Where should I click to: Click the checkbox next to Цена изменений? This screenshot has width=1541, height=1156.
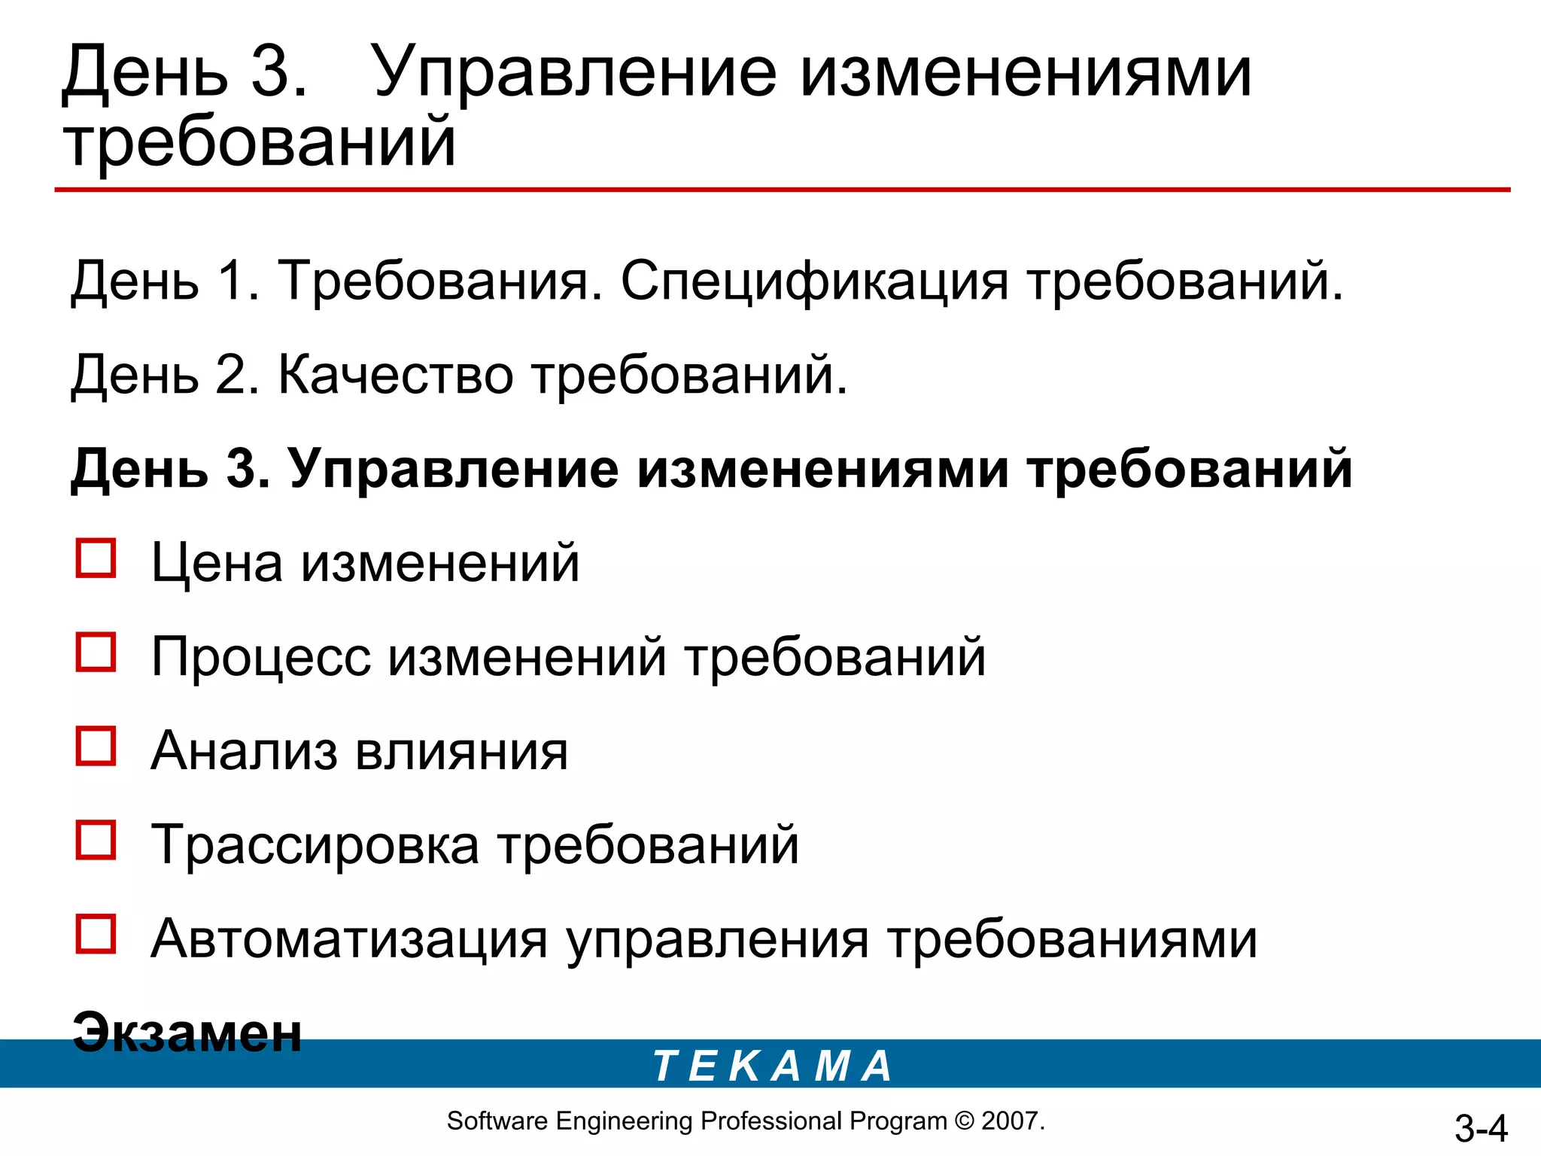(96, 558)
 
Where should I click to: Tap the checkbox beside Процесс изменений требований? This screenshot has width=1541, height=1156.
(96, 652)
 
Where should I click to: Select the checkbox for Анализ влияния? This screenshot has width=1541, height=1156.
(96, 746)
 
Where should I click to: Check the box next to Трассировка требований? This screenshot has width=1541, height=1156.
(96, 840)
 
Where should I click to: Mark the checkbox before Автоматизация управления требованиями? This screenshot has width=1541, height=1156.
(96, 934)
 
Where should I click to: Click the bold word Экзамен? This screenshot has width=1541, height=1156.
(187, 1032)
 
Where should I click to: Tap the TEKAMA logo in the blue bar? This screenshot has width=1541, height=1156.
(772, 1066)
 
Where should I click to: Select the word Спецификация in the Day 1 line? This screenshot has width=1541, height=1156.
(814, 281)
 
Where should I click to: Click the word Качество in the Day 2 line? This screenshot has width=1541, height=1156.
(396, 374)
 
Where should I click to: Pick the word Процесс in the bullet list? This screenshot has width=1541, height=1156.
(261, 656)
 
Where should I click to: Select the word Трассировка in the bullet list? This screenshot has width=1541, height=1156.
(315, 844)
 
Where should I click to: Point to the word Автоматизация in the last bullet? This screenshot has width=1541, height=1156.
(349, 938)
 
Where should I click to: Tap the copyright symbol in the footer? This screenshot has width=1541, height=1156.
(964, 1121)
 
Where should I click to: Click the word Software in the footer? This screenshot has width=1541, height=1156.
(497, 1121)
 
